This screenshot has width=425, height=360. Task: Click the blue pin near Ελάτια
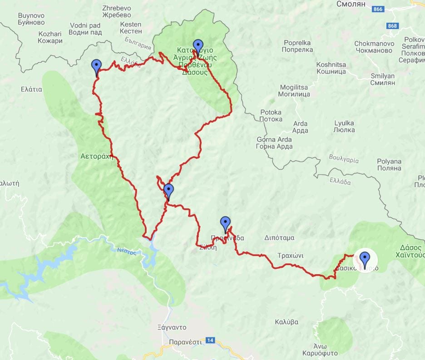[x=96, y=67]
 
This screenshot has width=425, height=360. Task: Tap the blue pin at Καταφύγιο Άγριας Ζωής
[x=198, y=47]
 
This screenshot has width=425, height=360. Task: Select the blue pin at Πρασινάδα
[x=225, y=224]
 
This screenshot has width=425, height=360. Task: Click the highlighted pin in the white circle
[x=364, y=260]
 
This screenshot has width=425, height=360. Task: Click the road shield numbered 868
[x=392, y=26]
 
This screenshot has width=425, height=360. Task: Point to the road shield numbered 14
[x=210, y=340]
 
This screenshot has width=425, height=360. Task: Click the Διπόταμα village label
[x=279, y=237]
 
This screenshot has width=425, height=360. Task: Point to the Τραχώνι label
[x=291, y=255]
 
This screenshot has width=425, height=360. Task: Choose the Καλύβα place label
[x=287, y=322]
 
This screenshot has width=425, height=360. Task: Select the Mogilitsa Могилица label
[x=295, y=90]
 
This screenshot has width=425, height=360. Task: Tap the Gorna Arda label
[x=274, y=143]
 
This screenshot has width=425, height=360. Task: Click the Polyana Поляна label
[x=389, y=164]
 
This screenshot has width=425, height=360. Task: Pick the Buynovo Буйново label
[x=31, y=19]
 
